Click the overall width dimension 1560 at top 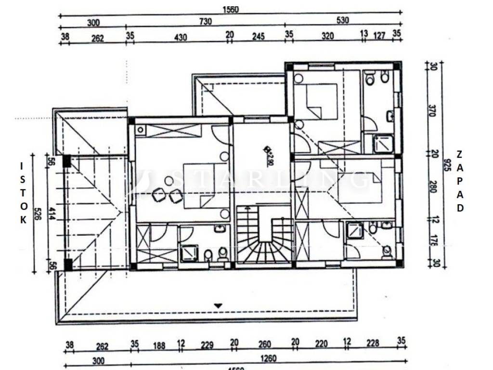(x=231, y=9)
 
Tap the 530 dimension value (x=343, y=20)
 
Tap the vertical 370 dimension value (x=432, y=111)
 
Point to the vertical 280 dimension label (x=432, y=186)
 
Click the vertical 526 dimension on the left (x=37, y=213)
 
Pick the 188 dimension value (x=159, y=345)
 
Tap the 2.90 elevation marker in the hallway (x=269, y=151)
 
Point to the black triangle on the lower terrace (x=218, y=305)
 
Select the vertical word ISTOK (x=22, y=193)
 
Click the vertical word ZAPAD (x=460, y=181)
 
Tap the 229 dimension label (x=207, y=345)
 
